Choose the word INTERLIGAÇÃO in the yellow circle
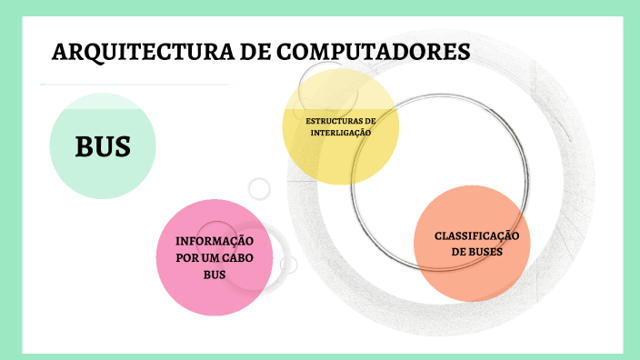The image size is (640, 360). click(x=341, y=133)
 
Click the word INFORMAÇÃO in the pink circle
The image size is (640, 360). click(x=215, y=242)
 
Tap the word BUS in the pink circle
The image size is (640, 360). click(x=215, y=275)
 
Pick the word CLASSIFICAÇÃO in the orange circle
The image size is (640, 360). click(x=477, y=235)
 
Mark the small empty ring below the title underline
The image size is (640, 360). click(x=260, y=189)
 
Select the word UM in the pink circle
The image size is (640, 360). click(x=208, y=258)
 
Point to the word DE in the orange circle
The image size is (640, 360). click(x=460, y=252)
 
